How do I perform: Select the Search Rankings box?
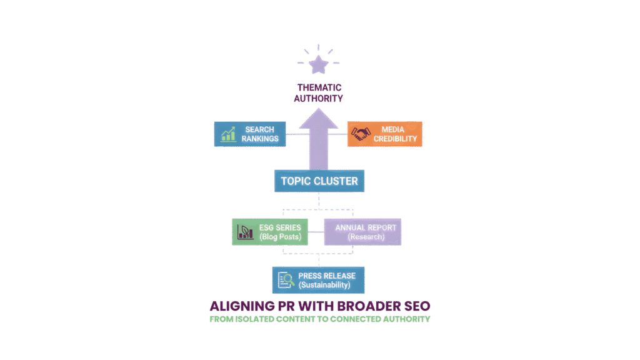(x=250, y=134)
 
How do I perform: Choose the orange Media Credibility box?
(x=384, y=134)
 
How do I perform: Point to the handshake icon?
(x=361, y=134)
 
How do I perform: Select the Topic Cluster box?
(x=319, y=181)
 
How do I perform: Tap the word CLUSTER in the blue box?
(x=337, y=181)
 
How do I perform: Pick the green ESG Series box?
(x=270, y=232)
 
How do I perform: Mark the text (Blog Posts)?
(x=280, y=237)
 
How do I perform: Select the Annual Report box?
(x=362, y=232)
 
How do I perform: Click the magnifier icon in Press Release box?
(x=286, y=280)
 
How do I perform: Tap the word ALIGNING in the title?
(x=238, y=306)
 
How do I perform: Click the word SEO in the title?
(x=416, y=306)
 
